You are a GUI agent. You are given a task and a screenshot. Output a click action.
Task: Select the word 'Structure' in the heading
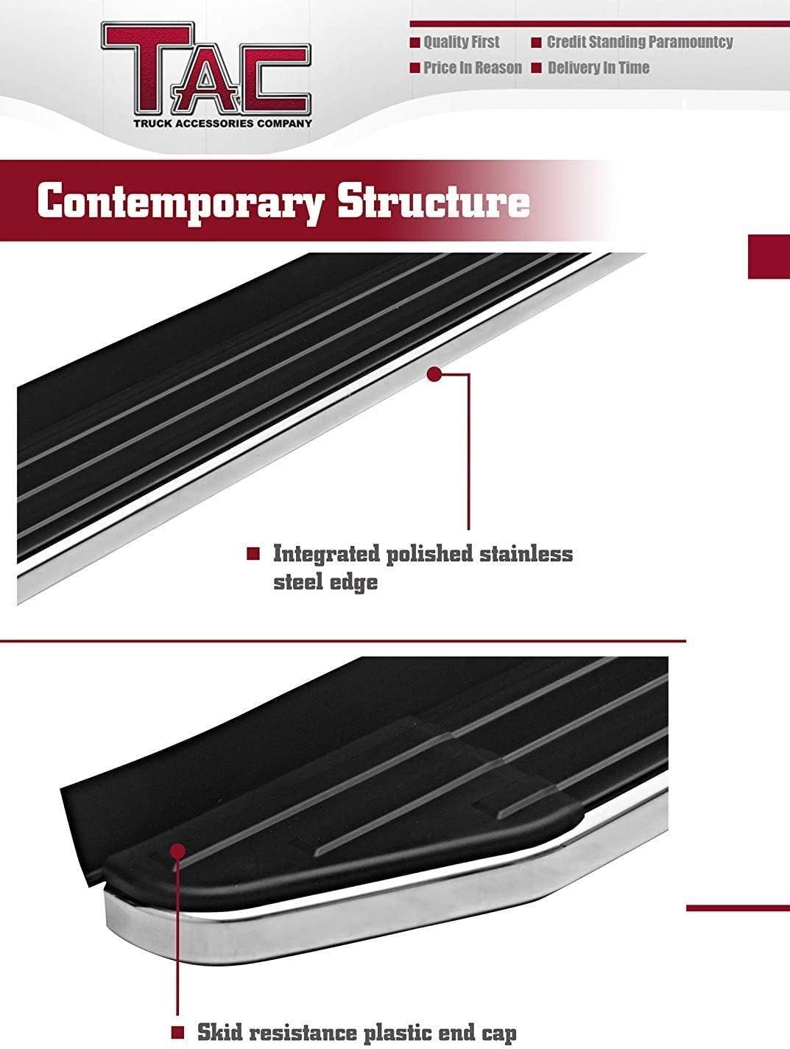(433, 202)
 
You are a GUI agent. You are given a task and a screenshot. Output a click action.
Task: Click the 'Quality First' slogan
(461, 42)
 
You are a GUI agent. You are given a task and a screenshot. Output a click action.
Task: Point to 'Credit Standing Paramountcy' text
(639, 42)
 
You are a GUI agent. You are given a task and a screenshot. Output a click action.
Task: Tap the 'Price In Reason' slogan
(472, 68)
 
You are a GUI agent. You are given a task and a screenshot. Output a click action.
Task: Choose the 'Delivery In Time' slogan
(598, 68)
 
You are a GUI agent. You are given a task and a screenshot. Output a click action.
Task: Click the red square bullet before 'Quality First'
(415, 43)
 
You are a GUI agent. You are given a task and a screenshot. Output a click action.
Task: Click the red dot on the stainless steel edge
(434, 374)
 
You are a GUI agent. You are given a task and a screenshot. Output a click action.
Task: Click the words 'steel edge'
(325, 582)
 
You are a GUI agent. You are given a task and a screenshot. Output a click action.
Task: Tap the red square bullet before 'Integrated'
(253, 554)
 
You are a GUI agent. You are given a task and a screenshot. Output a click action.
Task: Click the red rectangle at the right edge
(769, 256)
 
